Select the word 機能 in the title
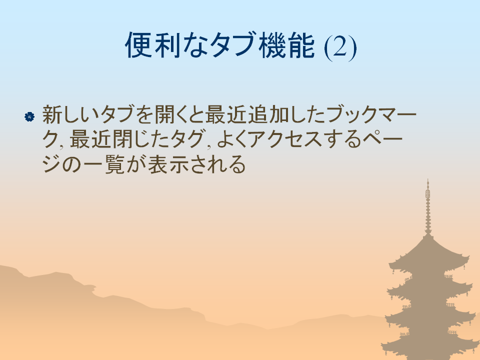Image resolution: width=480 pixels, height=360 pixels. coord(286,45)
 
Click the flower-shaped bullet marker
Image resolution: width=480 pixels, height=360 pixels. coord(29,116)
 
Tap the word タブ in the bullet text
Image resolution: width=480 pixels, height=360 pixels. coord(117,114)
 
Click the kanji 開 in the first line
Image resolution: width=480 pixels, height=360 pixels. coord(164,114)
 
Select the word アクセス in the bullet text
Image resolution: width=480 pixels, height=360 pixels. coord(285,139)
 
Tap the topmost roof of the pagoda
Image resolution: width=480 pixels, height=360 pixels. coord(428,254)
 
